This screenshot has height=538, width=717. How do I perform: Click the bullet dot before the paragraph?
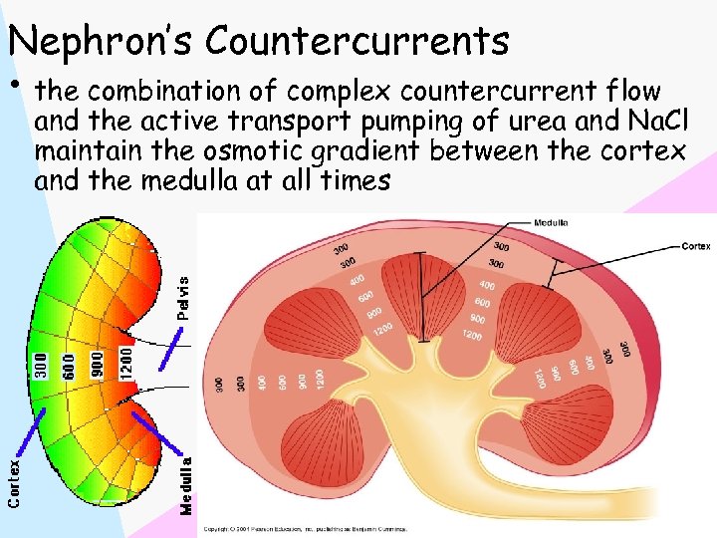18,80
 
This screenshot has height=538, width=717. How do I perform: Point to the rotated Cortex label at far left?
14,481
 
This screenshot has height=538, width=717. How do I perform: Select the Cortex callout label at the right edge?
696,244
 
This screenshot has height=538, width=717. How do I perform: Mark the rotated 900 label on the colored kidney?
98,363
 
